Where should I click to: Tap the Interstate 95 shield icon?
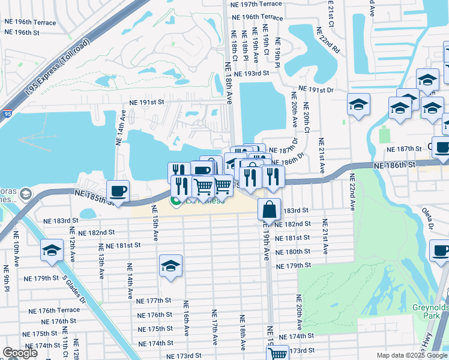coord(6,113)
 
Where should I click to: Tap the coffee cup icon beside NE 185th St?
coord(118,191)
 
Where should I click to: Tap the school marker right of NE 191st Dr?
coord(358,105)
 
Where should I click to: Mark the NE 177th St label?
coord(154,301)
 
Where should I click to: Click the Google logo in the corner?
coord(20,353)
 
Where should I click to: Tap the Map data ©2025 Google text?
coord(411,355)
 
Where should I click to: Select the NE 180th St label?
coord(292,252)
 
